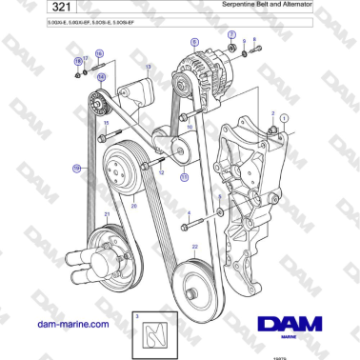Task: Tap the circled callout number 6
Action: tap(195, 42)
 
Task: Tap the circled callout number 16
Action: tap(98, 54)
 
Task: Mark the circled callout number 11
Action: tap(184, 176)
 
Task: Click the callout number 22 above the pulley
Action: tap(194, 246)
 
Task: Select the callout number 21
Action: tap(107, 213)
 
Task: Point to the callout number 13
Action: tap(148, 67)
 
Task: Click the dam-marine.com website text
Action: tap(72, 324)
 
